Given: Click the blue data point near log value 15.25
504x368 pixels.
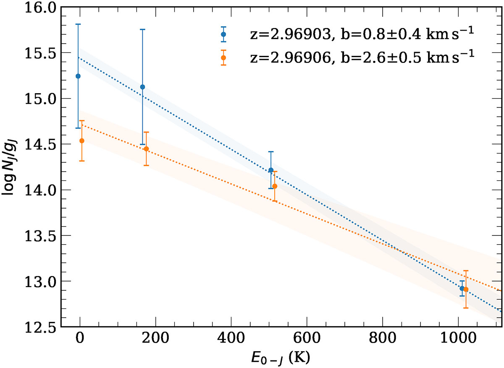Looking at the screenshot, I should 78,76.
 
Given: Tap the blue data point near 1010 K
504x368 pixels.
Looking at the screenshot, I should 462,288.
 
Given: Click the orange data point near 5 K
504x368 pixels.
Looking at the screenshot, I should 82,141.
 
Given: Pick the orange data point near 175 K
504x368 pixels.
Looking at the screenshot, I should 146,149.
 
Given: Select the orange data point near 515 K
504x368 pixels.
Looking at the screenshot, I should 275,186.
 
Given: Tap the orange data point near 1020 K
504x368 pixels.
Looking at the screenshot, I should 466,289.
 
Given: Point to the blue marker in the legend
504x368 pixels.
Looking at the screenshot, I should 223,34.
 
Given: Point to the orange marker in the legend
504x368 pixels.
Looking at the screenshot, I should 223,57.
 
